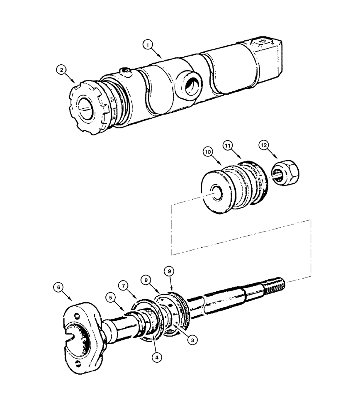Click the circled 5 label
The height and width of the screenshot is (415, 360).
[x=109, y=297]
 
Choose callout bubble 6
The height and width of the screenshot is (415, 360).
[x=58, y=286]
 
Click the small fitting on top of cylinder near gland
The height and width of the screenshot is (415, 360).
[x=126, y=73]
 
